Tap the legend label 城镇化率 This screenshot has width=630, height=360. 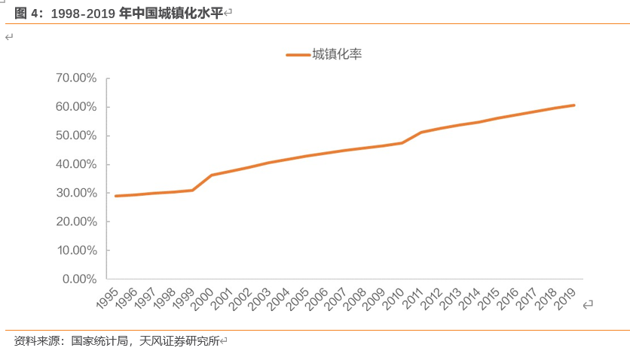[337, 53]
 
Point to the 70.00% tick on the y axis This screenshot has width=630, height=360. [76, 78]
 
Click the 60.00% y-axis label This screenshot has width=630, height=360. [76, 107]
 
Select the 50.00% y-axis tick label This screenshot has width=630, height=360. [76, 136]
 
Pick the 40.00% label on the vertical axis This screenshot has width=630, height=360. [76, 164]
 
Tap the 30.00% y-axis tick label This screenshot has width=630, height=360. [76, 193]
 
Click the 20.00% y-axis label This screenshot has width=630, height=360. [76, 221]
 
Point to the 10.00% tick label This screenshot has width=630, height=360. [76, 250]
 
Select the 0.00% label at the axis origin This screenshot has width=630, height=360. [79, 279]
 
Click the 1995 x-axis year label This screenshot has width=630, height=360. [107, 298]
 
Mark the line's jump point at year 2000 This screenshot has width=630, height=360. [212, 175]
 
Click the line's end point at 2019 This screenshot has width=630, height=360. [574, 105]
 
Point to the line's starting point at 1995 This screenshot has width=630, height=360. [115, 196]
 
